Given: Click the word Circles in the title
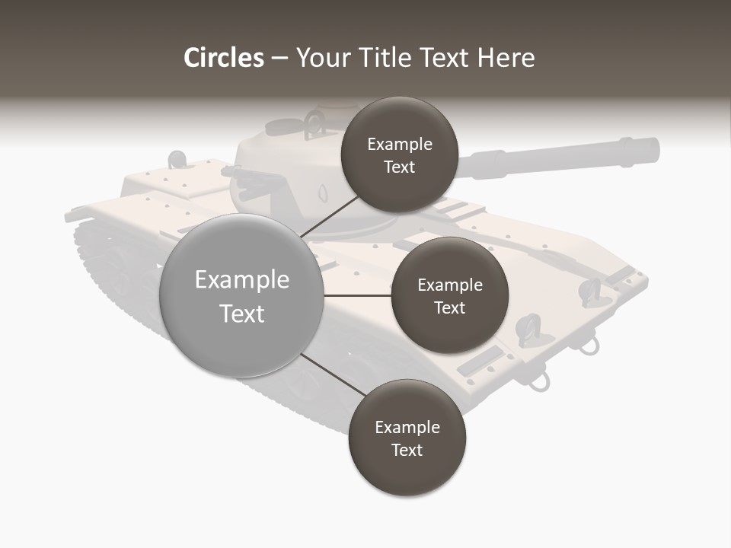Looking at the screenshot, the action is click(x=223, y=58).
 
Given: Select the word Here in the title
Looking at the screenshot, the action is click(x=506, y=58).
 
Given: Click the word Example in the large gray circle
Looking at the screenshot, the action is click(x=241, y=280).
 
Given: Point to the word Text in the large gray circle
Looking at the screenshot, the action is click(x=241, y=314).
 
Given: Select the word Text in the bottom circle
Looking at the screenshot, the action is click(x=407, y=450).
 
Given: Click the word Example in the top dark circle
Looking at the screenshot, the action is click(x=399, y=145).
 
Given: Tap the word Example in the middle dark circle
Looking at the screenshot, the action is click(x=449, y=285).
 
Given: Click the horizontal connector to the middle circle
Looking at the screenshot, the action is click(x=357, y=295).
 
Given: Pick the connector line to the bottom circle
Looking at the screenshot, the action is click(x=333, y=375).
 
